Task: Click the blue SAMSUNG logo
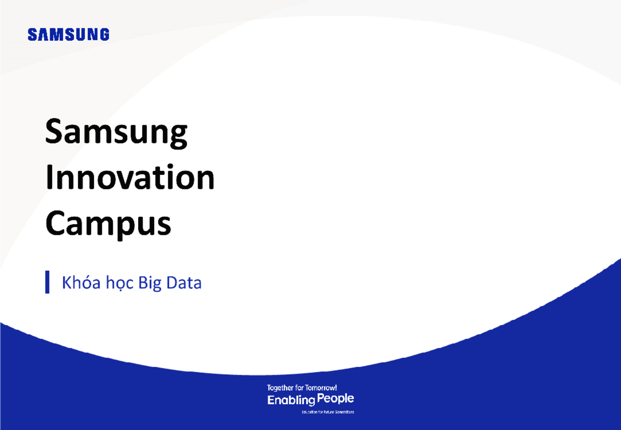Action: click(68, 35)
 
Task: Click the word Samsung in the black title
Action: click(116, 134)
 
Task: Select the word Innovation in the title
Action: click(129, 179)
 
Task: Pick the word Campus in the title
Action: click(108, 224)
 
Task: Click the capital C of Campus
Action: click(56, 224)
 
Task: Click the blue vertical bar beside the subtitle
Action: click(48, 282)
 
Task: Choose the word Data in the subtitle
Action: click(184, 283)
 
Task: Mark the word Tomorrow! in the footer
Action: click(323, 388)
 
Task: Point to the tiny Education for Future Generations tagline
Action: click(328, 412)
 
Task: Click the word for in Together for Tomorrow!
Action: click(303, 388)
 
